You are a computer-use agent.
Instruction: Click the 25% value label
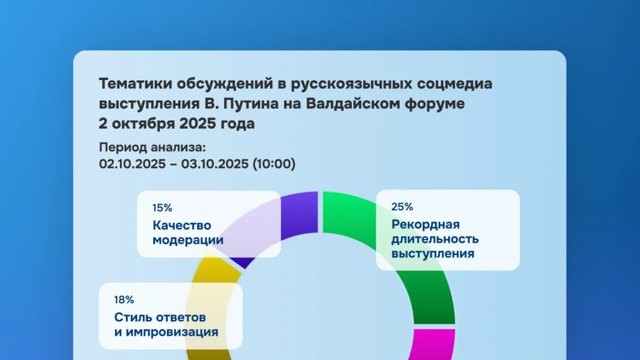402,206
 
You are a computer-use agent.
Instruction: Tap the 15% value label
162,207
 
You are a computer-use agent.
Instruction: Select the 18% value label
124,299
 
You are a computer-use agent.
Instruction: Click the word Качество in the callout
181,225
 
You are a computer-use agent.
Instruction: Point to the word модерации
188,240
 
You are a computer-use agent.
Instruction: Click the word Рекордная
425,224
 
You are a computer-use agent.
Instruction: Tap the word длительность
435,239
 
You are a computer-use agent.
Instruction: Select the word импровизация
172,332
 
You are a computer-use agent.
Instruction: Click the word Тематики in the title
135,83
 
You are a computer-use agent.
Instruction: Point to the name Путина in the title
251,103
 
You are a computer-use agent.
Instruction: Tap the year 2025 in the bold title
197,123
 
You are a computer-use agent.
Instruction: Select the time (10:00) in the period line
274,163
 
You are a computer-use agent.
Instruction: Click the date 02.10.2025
132,163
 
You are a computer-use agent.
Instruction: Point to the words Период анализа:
152,147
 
